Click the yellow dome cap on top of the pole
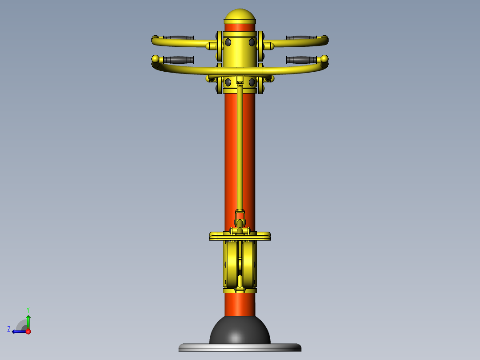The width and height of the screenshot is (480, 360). pos(240,16)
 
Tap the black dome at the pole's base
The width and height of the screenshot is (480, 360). pos(240,330)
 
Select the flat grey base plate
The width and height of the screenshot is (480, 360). pos(240,348)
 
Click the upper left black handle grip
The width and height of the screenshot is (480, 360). pos(179,38)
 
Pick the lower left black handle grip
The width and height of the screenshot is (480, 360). pos(179,60)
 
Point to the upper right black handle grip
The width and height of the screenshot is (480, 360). pos(301,38)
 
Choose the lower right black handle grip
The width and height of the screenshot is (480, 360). pos(301,60)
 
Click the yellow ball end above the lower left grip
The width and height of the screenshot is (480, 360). pos(155,59)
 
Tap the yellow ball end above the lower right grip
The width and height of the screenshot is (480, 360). pos(325,59)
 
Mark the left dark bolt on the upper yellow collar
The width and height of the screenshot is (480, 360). pos(228,42)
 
